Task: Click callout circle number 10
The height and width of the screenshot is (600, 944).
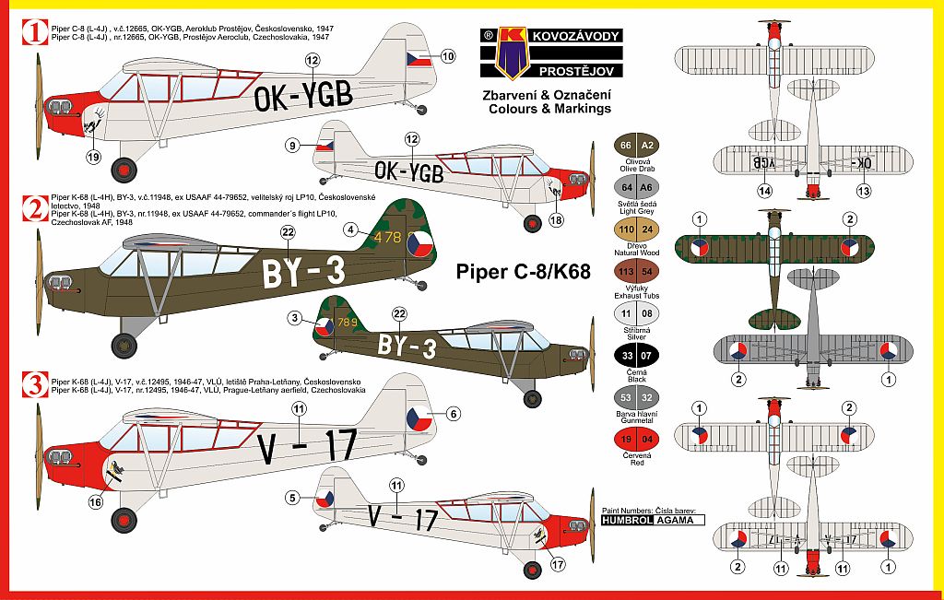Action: pyautogui.click(x=449, y=56)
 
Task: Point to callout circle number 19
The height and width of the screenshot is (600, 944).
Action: pyautogui.click(x=93, y=156)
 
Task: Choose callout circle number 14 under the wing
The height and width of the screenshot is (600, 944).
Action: pyautogui.click(x=763, y=191)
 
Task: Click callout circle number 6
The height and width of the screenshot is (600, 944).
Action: pyautogui.click(x=454, y=414)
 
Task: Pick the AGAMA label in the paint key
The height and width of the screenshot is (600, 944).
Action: pyautogui.click(x=679, y=520)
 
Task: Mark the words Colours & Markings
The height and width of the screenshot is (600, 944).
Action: pyautogui.click(x=550, y=108)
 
